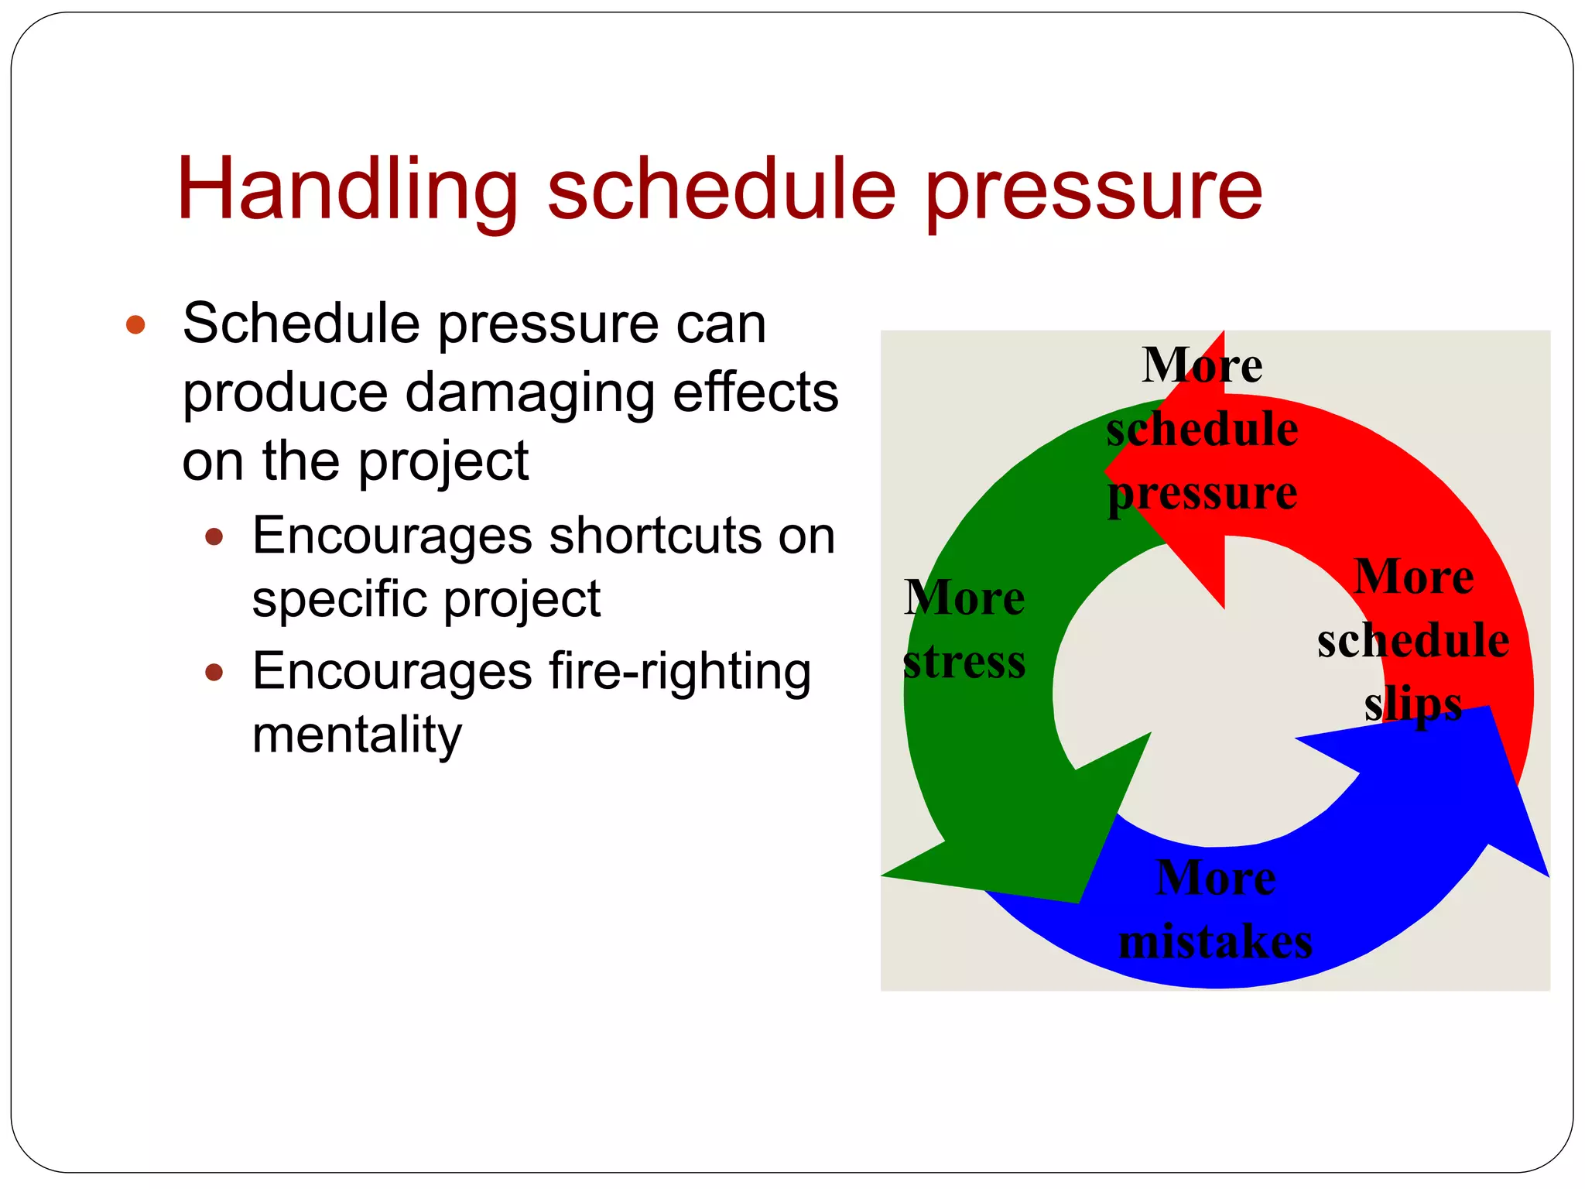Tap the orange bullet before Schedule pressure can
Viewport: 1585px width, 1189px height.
(x=135, y=324)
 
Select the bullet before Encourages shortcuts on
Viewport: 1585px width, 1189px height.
(x=214, y=536)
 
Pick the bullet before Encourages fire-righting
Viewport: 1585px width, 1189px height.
(x=214, y=671)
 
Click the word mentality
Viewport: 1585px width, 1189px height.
(x=357, y=735)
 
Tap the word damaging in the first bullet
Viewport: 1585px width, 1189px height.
(x=529, y=393)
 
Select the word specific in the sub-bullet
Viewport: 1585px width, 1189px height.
(x=339, y=599)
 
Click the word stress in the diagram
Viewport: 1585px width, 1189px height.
(x=964, y=663)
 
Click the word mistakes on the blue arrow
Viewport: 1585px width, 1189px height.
(x=1215, y=943)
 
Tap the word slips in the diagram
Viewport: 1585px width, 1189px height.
(x=1412, y=705)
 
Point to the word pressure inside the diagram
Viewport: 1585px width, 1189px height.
(x=1202, y=493)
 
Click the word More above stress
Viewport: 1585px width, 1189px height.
(x=964, y=598)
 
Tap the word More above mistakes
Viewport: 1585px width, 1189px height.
(x=1215, y=879)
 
